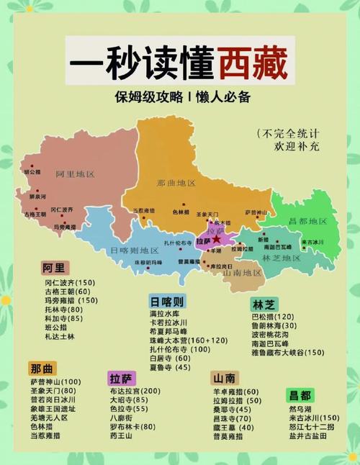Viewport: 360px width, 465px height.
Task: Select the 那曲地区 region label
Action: point(176,183)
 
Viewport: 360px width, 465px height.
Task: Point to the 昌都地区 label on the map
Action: point(307,220)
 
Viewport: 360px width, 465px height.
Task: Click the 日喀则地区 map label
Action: point(134,250)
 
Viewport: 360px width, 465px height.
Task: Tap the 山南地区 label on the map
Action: point(241,273)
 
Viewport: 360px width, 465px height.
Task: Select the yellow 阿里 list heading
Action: point(53,268)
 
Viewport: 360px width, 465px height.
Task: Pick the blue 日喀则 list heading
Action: point(167,301)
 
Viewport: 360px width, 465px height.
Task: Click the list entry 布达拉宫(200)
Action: point(135,391)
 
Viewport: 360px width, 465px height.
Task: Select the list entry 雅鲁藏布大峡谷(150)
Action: point(287,353)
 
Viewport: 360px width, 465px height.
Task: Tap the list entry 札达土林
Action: point(58,336)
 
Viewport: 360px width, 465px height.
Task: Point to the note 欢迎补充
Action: point(295,146)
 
